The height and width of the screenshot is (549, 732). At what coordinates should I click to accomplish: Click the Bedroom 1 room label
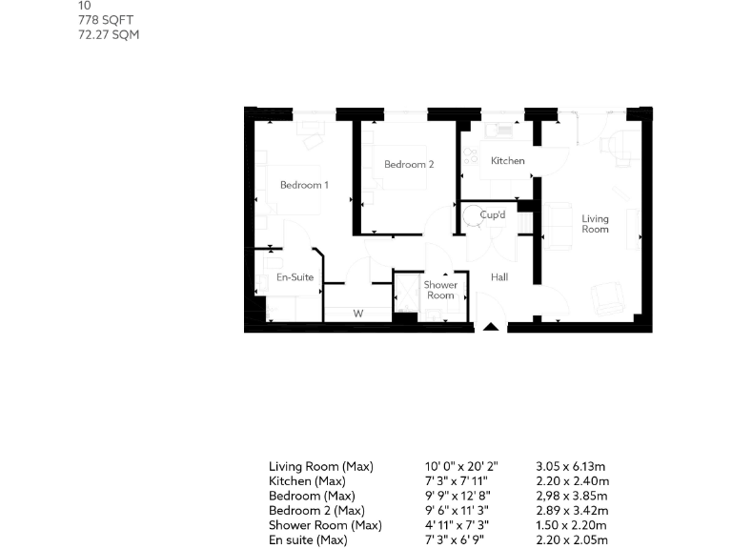pos(304,185)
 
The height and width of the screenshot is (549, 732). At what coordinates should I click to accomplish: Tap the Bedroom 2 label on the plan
pos(409,165)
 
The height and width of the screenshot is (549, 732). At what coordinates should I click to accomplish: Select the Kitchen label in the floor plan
pos(507,161)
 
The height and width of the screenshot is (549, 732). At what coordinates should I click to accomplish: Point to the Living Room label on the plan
pos(595,224)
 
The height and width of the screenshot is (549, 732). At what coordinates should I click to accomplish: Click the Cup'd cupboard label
pos(493,215)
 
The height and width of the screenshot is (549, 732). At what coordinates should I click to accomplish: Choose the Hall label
pos(498,277)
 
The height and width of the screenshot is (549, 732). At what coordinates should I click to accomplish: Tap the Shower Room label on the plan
pos(440,290)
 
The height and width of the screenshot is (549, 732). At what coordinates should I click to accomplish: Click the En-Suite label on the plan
pos(295,277)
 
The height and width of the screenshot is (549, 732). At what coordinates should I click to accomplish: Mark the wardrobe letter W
pos(358,313)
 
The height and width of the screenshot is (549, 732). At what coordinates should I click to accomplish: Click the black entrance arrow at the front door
pos(491,327)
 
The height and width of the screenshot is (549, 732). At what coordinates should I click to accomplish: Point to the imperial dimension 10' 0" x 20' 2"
pos(461,467)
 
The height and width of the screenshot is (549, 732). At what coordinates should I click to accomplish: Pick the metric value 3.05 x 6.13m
pos(571,467)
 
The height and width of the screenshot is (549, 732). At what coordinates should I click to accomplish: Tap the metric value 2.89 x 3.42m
pos(571,511)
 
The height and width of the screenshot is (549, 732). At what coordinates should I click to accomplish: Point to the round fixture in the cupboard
pos(474,216)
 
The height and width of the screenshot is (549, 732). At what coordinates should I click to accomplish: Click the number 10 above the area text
pos(85,6)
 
